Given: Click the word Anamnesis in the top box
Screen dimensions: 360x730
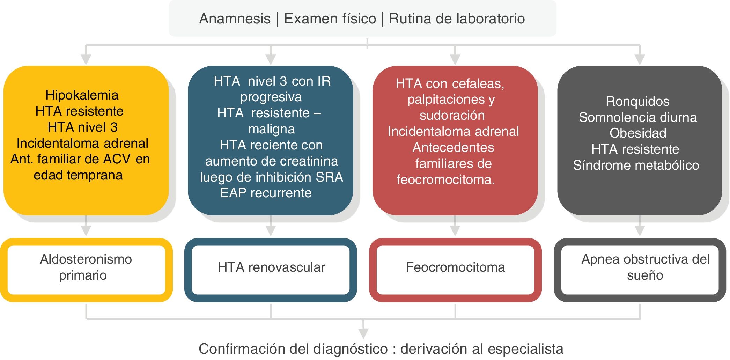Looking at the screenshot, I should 235,19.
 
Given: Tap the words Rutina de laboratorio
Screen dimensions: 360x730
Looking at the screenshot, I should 457,19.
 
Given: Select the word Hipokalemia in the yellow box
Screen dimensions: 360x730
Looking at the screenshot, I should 82,95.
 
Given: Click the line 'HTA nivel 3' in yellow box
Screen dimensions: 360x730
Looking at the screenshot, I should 83,127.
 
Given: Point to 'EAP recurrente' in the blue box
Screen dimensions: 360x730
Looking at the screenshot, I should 266,193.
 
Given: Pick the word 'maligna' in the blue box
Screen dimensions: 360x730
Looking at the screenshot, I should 271,129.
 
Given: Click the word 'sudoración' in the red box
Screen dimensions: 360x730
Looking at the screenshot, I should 452,115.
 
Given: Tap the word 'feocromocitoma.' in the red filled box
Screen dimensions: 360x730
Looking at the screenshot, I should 445,179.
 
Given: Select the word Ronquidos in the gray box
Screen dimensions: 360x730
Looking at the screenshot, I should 637,101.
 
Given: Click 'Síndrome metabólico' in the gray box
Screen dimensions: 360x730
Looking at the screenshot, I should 636,165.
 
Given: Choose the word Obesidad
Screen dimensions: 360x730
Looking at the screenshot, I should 637,133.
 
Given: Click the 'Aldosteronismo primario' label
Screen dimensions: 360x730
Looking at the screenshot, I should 86,267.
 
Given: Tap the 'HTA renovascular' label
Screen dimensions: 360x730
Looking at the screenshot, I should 271,267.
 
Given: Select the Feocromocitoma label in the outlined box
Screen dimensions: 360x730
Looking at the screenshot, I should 455,267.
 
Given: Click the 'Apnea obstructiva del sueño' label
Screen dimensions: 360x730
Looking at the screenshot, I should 645,267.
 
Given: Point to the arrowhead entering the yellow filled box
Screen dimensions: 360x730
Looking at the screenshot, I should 86,59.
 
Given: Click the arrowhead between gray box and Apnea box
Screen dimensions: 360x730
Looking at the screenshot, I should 640,230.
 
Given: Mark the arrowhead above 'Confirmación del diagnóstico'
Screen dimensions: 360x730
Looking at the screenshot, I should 363,333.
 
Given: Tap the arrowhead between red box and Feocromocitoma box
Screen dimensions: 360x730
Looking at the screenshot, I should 455,230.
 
